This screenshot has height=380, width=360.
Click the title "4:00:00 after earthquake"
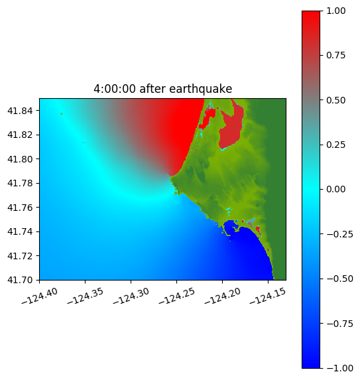[163, 89]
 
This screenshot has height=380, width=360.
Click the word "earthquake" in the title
[201, 89]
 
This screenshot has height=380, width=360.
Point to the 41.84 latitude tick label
[20, 111]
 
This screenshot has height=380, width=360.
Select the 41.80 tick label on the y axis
[20, 159]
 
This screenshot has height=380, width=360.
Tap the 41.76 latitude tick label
[20, 208]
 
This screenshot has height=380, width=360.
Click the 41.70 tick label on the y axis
[20, 280]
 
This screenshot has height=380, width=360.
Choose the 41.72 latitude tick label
[20, 256]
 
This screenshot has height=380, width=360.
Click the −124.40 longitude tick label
[40, 296]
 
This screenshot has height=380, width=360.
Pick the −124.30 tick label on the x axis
[131, 296]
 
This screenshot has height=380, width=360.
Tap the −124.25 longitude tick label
[176, 296]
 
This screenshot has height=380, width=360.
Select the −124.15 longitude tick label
[268, 296]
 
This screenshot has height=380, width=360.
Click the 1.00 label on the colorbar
[336, 11]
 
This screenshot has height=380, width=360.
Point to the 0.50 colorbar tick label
[336, 100]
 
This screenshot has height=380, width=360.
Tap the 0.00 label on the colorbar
[336, 190]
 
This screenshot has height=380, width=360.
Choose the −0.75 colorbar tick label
[339, 324]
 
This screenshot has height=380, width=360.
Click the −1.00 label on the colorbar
[339, 368]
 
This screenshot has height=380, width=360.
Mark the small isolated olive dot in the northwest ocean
[62, 113]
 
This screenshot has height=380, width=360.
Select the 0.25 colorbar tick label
[336, 145]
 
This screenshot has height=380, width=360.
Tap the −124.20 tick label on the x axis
[222, 296]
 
